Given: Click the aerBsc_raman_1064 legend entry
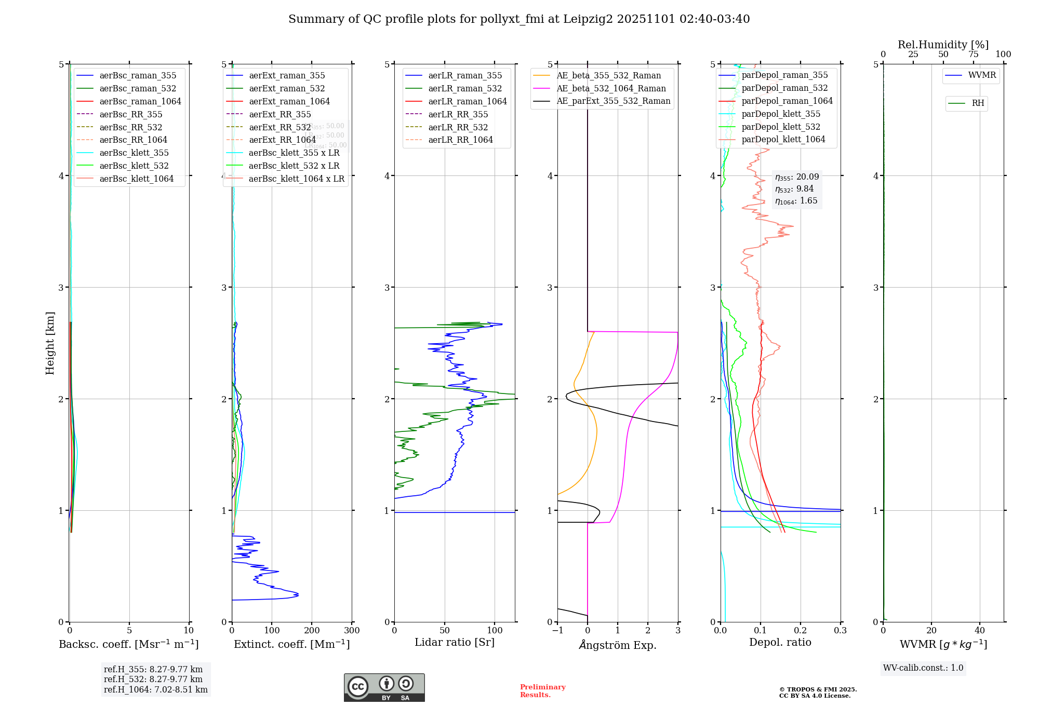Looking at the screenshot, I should click(140, 101).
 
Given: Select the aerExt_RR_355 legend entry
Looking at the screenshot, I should click(280, 114).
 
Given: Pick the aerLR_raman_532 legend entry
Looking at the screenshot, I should click(465, 88).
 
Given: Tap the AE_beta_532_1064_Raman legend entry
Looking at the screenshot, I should click(611, 88).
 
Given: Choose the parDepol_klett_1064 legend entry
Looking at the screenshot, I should click(783, 139).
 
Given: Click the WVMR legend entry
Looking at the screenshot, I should click(982, 75).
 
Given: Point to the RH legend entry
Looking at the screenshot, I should click(978, 103).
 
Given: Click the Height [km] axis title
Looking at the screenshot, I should click(50, 343).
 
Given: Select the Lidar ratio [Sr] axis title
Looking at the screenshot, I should click(455, 642).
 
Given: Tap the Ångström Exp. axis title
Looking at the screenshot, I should click(618, 645).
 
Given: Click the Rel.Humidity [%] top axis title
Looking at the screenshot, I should click(943, 45).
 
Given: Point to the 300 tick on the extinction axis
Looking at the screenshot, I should click(352, 630).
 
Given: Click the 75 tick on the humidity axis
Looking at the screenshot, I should click(973, 55).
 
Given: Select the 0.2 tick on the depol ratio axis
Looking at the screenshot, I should click(801, 630).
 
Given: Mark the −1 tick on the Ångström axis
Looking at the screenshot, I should click(557, 630).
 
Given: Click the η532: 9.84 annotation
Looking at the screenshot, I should click(794, 189).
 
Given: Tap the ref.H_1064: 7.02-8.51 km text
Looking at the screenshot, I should click(155, 689).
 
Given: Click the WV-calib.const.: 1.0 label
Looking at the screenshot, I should click(923, 668).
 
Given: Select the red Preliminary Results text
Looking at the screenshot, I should click(542, 690).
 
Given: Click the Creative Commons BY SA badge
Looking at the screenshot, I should click(384, 687).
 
